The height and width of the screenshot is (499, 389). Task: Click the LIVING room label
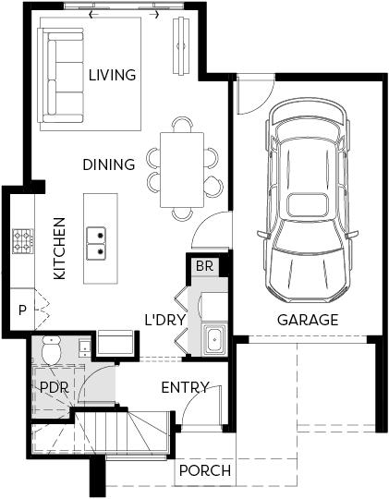112,75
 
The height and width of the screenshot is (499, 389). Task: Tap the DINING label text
109,164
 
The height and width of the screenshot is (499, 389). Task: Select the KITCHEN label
59,249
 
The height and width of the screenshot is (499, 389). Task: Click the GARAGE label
308,320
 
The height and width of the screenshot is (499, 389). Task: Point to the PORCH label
205,470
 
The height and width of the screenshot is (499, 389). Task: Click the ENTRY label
185,387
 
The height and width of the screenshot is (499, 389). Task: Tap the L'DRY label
164,320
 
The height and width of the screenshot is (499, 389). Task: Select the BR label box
204,266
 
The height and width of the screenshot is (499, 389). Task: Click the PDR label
55,387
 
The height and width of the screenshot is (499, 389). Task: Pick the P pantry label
22,310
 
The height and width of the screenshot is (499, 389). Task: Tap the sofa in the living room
61,76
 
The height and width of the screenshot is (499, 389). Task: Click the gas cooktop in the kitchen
22,241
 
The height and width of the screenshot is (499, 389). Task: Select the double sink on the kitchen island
96,243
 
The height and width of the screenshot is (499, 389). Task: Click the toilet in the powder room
51,349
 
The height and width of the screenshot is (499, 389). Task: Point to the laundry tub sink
214,339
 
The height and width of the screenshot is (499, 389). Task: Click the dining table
182,170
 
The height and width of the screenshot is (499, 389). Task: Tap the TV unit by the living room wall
181,46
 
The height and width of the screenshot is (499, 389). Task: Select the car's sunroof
308,205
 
